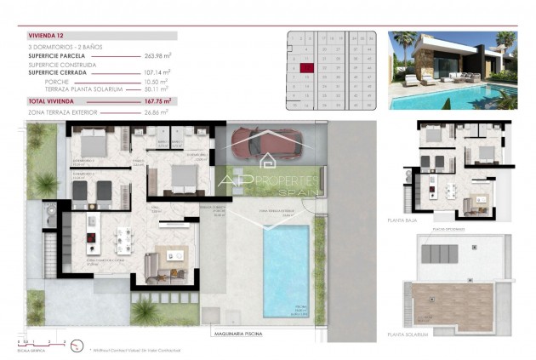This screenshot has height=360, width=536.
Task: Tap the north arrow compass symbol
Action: pyautogui.click(x=76, y=345)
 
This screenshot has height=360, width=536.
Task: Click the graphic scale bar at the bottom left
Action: pyautogui.click(x=38, y=343)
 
